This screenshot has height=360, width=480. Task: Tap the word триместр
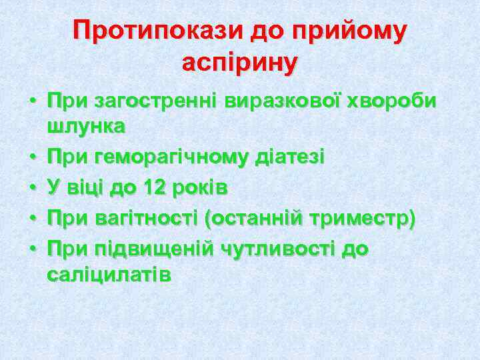pyautogui.click(x=364, y=219)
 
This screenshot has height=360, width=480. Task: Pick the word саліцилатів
pyautogui.click(x=109, y=274)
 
